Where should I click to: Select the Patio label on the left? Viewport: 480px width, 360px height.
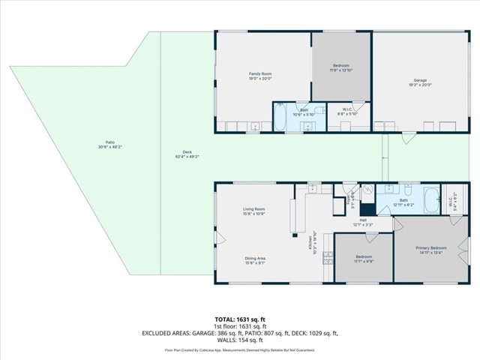(109, 145)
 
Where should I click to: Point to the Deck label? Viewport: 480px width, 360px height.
(187, 155)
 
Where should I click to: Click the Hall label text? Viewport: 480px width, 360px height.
(362, 220)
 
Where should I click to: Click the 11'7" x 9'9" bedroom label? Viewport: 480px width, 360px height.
(364, 259)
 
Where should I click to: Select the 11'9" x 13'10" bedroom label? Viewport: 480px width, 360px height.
(340, 68)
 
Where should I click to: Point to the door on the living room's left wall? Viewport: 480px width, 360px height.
(219, 238)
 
